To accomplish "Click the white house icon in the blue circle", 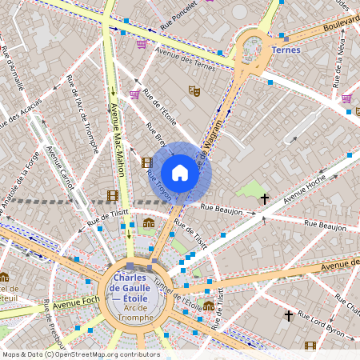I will click(x=180, y=172).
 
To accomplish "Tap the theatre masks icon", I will click(x=193, y=91).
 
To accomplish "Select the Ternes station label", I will click(x=286, y=50).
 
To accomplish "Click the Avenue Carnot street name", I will click(x=59, y=168).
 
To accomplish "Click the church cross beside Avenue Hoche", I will click(x=264, y=197).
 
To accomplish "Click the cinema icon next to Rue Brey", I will click(x=146, y=162).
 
